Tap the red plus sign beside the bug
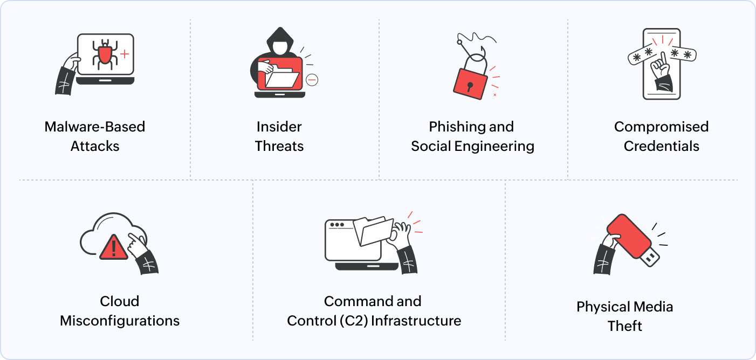(125, 54)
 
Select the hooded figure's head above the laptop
(279, 43)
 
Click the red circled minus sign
(312, 80)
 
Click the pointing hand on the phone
(660, 67)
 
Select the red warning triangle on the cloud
(113, 247)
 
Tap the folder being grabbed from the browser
(373, 231)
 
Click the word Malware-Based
(95, 127)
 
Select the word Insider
(279, 127)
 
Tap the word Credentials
(661, 146)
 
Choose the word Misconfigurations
(120, 321)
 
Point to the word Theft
(624, 326)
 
